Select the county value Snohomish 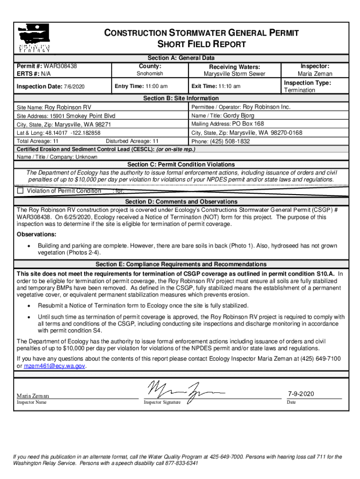[x=150, y=74]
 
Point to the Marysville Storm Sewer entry [x=234, y=74]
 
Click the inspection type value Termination [x=300, y=90]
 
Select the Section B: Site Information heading [x=180, y=98]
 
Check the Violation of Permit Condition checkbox [x=20, y=191]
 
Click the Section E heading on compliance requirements [x=180, y=264]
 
